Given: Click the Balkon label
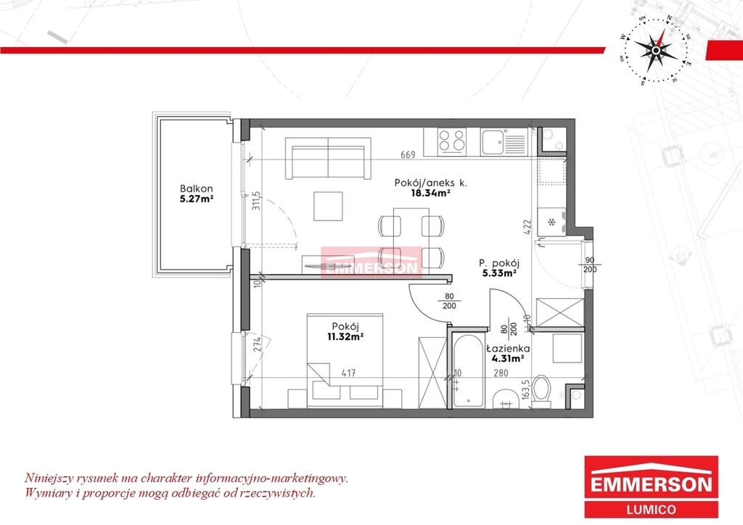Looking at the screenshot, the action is [x=196, y=189].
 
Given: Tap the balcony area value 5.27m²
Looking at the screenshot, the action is [x=196, y=199].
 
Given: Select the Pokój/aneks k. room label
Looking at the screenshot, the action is [x=430, y=183].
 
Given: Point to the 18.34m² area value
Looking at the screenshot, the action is [x=430, y=193].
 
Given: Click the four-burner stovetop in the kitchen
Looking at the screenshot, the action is [x=451, y=141].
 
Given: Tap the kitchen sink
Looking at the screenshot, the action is [x=504, y=141].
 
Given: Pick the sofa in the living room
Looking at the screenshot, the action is [x=328, y=158].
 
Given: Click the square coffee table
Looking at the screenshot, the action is [x=328, y=206].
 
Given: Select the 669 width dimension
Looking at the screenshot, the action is [x=408, y=154].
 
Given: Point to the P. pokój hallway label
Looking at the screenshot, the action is [x=499, y=263].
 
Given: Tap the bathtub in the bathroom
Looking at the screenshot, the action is [x=468, y=371].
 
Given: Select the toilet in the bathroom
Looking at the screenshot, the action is [x=541, y=392].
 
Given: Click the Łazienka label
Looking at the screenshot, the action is [x=508, y=349].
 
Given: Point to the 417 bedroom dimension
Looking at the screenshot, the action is [x=348, y=373].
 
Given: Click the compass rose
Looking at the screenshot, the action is [x=655, y=50].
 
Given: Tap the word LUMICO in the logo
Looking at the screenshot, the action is [x=651, y=509].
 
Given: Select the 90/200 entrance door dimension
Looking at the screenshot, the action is [x=590, y=265].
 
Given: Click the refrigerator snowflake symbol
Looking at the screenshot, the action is [x=551, y=222].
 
